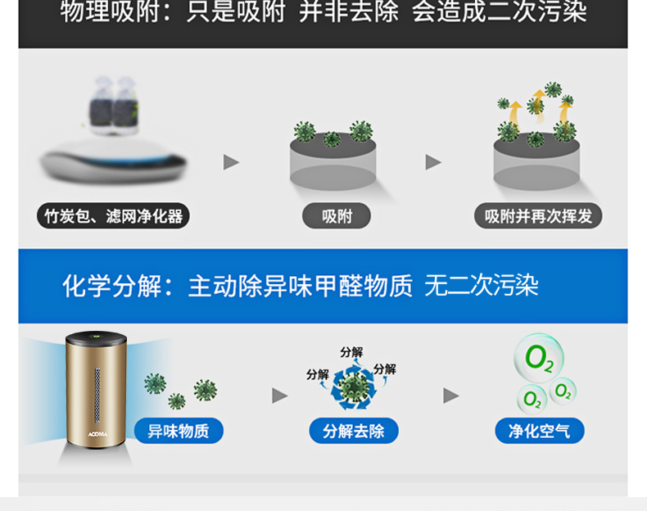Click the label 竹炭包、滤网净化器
pos(113,216)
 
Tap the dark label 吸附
pos(337,216)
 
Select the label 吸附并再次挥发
pos(538,216)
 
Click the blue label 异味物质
pos(178,431)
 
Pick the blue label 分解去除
pos(354,431)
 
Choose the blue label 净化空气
pos(539,431)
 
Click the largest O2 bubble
pos(538,359)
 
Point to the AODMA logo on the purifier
pos(98,435)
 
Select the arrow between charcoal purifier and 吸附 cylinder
pos(232,162)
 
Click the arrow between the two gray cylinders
pos(433,162)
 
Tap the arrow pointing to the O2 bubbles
pos(450,396)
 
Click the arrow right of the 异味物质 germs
pos(280,396)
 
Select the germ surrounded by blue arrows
pos(353,387)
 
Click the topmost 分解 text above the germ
pos(351,352)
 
